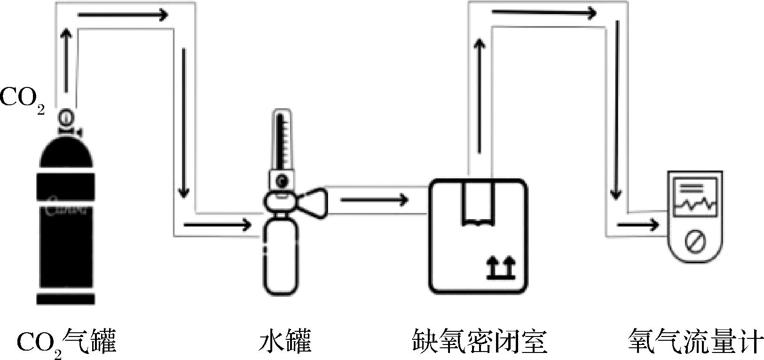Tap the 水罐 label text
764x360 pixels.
[285, 342]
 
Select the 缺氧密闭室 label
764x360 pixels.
[479, 342]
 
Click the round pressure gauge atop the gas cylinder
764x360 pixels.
[66, 116]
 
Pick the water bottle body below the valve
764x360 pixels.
[280, 256]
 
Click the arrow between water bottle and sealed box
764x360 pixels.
[374, 201]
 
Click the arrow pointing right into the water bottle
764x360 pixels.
[217, 225]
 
